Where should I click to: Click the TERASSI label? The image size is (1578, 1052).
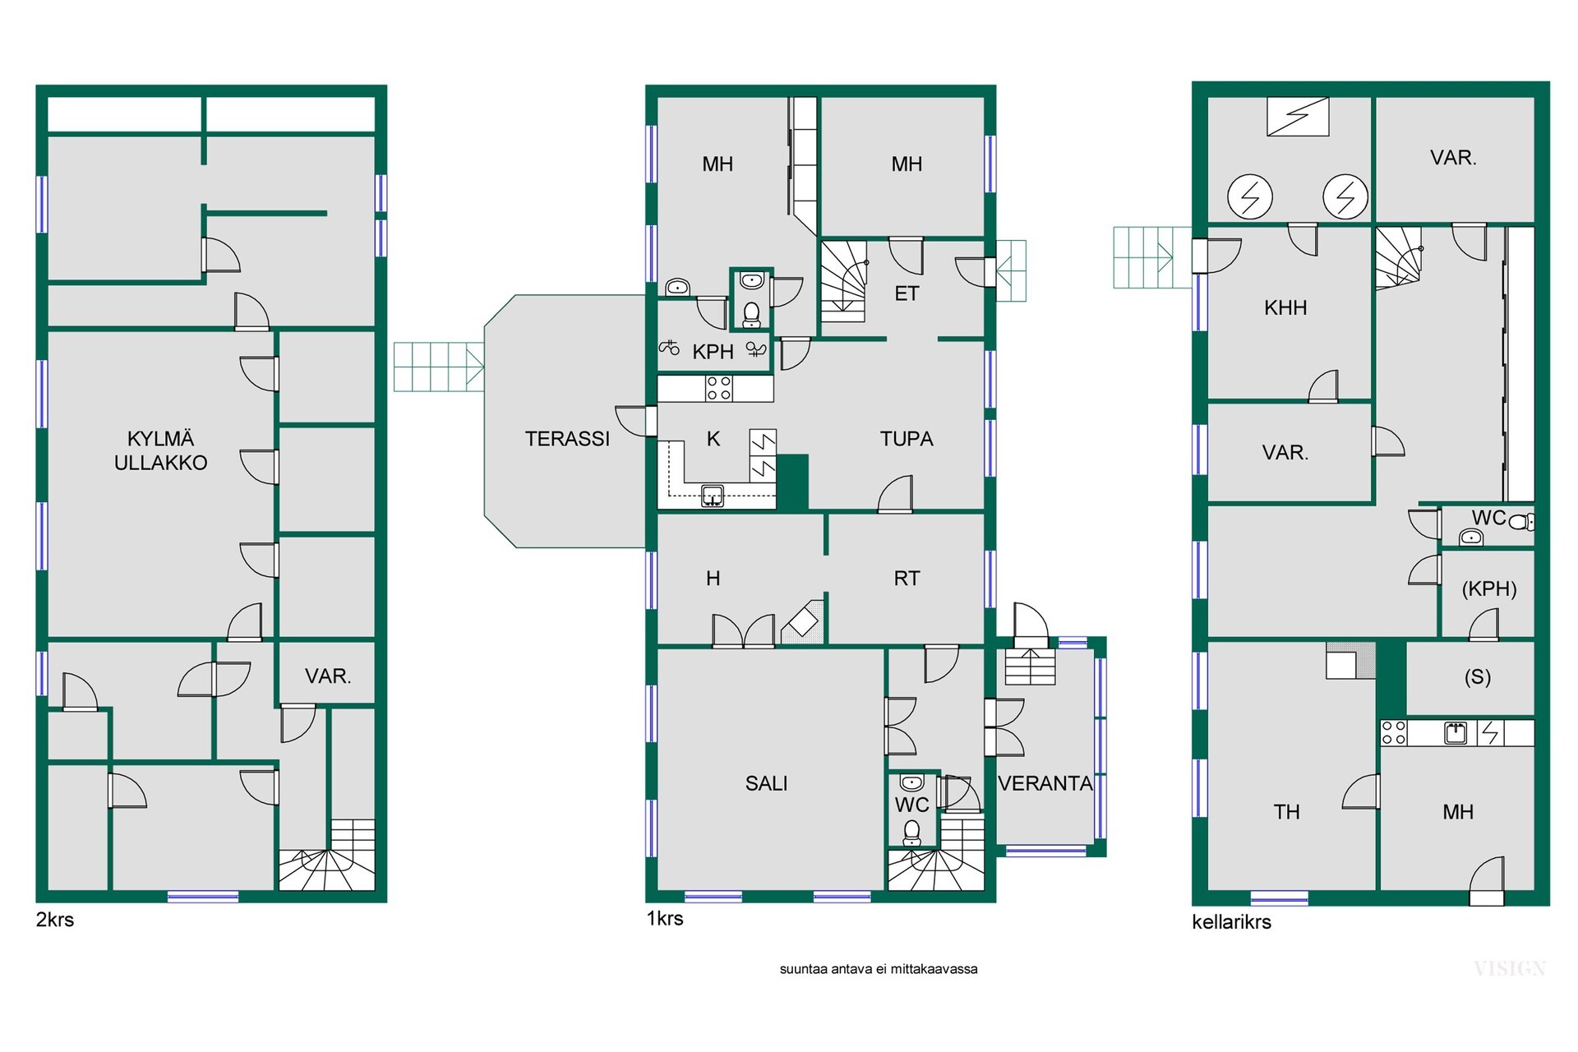567,439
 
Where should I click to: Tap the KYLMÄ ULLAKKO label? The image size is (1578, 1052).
160,450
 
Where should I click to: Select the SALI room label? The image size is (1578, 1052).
766,783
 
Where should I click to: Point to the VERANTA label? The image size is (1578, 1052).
1045,783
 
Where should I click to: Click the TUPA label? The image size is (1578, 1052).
907,439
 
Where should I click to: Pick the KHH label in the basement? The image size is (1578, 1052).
1285,307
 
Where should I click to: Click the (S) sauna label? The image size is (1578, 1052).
1477,676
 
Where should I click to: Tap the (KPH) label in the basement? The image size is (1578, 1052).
1489,588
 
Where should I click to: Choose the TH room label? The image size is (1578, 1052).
1286,812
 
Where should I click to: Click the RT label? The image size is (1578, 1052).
907,579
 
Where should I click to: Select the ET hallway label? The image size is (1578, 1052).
907,293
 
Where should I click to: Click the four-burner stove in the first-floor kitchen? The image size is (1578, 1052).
719,388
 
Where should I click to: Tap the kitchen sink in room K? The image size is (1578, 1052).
713,495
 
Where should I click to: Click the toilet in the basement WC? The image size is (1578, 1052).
1521,521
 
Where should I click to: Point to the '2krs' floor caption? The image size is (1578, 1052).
55,920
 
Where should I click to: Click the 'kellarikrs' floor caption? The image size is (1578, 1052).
1231,922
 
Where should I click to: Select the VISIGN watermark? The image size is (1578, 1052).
1510,969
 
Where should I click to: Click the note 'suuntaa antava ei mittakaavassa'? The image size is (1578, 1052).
879,969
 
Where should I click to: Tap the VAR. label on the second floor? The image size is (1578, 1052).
328,676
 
